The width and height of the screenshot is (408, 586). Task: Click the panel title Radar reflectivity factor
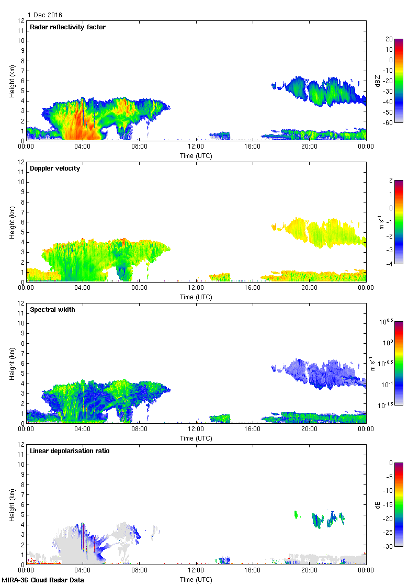click(67, 27)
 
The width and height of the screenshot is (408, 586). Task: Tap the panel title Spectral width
click(53, 310)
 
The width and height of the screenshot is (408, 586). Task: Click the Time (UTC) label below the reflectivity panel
click(196, 155)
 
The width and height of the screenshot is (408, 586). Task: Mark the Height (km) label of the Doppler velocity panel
click(12, 222)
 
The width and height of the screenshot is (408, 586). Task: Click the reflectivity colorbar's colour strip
click(399, 81)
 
